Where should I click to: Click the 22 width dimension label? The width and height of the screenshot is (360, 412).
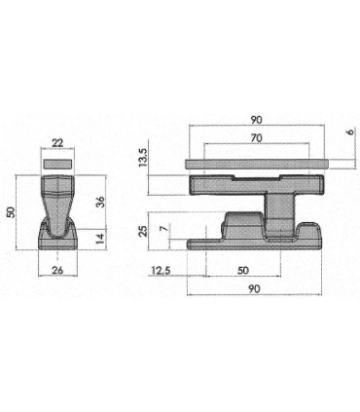(x=57, y=143)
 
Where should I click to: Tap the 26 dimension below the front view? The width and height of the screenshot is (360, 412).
(x=57, y=270)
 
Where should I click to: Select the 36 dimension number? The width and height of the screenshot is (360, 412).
(x=100, y=202)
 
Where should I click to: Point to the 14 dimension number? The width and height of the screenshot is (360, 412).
(x=101, y=239)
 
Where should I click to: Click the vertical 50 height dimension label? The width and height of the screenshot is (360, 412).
(x=12, y=212)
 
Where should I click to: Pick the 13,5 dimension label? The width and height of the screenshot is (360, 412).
(x=143, y=157)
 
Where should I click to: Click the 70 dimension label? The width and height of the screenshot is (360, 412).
(x=256, y=138)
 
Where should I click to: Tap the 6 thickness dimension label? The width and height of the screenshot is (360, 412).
(x=351, y=131)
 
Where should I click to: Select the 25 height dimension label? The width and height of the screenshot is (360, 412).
(x=143, y=231)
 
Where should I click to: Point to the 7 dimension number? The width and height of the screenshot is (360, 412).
(x=165, y=229)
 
